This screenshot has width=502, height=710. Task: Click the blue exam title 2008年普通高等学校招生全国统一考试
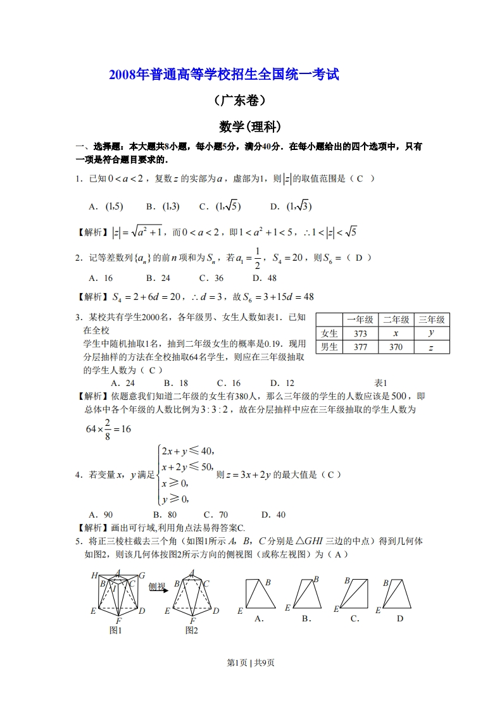pos(224,75)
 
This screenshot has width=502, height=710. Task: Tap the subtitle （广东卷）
pos(240,100)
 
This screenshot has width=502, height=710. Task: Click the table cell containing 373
pos(360,333)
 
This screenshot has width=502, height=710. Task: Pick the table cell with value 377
pos(360,347)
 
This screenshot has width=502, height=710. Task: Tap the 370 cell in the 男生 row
pos(396,347)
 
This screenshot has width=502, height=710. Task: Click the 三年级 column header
pos(432,320)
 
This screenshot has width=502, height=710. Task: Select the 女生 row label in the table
pos(329,333)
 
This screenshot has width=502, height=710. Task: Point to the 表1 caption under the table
pos(380,383)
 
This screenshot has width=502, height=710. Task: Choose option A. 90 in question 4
pos(101,514)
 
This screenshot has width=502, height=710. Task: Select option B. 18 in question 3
pos(175,383)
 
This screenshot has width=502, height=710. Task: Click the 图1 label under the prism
pos(115,630)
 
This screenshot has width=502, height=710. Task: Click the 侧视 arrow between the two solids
pos(158,588)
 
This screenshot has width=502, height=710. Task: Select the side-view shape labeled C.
pos(355,598)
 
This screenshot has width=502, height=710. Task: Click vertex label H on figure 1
pos(94,575)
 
